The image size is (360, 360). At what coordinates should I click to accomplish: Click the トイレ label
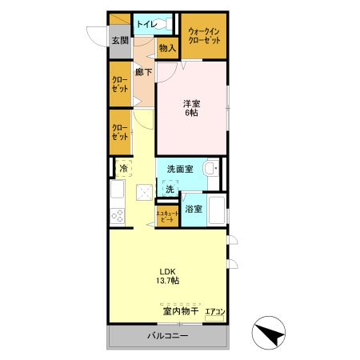coord(146,24)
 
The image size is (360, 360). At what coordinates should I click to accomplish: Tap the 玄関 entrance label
coord(120,40)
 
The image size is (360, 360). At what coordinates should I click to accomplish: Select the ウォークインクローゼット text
coord(203,34)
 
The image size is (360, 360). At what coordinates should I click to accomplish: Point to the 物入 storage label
coord(167,49)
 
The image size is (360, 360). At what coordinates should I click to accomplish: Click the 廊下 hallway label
coord(144,72)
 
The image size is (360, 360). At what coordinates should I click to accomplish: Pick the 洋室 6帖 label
coord(190,108)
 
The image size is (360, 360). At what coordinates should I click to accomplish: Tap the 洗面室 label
coord(180,169)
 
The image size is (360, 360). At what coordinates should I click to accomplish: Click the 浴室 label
coord(193,209)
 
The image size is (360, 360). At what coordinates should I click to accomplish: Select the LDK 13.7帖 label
coord(166,274)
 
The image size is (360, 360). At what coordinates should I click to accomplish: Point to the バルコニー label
coord(167,336)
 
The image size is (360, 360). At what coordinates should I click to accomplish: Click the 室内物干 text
coord(179,310)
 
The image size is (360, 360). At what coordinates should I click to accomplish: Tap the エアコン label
coord(215,310)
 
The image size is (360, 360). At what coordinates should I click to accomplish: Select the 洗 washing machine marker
coord(169,189)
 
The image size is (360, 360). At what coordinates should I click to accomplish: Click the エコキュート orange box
coord(166,216)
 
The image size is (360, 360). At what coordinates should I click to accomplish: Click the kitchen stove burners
coord(118,217)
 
